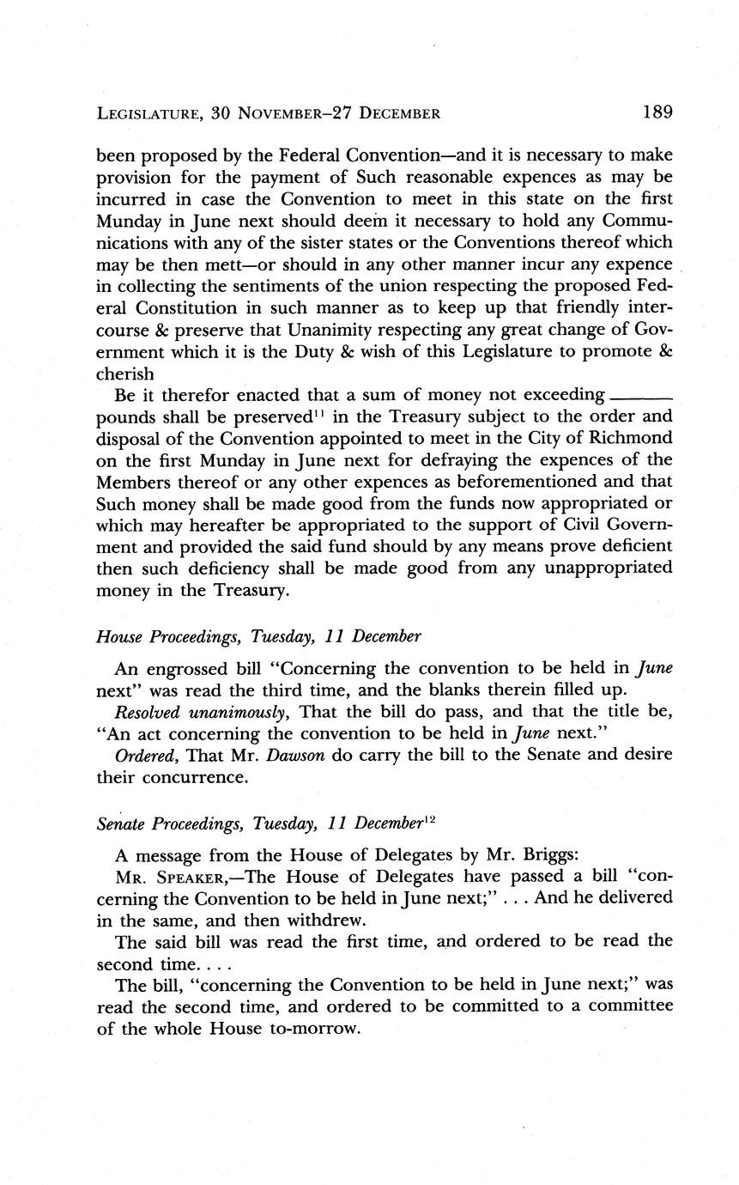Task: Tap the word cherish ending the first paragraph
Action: tap(125, 374)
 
